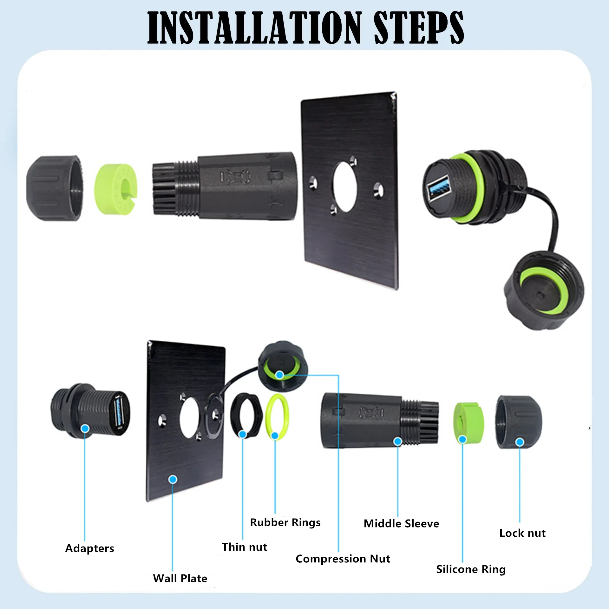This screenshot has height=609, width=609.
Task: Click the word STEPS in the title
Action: click(x=419, y=28)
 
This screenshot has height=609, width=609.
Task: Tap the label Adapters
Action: click(x=89, y=548)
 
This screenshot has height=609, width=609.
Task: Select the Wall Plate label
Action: click(x=180, y=579)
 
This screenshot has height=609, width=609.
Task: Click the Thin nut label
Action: click(x=244, y=547)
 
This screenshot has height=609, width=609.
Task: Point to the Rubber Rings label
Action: click(x=285, y=522)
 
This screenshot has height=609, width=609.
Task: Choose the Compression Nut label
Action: click(x=343, y=559)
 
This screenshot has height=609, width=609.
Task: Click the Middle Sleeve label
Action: click(x=401, y=524)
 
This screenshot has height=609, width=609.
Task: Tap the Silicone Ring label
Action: click(x=471, y=569)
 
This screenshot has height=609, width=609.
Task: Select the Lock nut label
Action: click(x=522, y=533)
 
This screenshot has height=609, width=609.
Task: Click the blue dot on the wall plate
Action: click(x=173, y=479)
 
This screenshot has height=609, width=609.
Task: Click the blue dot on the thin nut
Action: click(x=242, y=434)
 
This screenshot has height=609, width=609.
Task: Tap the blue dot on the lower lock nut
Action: click(x=520, y=442)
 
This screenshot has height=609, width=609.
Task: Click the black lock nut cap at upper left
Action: click(x=54, y=188)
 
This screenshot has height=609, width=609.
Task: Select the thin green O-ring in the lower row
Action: click(x=277, y=417)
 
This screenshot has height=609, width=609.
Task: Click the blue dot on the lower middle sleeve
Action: click(x=398, y=441)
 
